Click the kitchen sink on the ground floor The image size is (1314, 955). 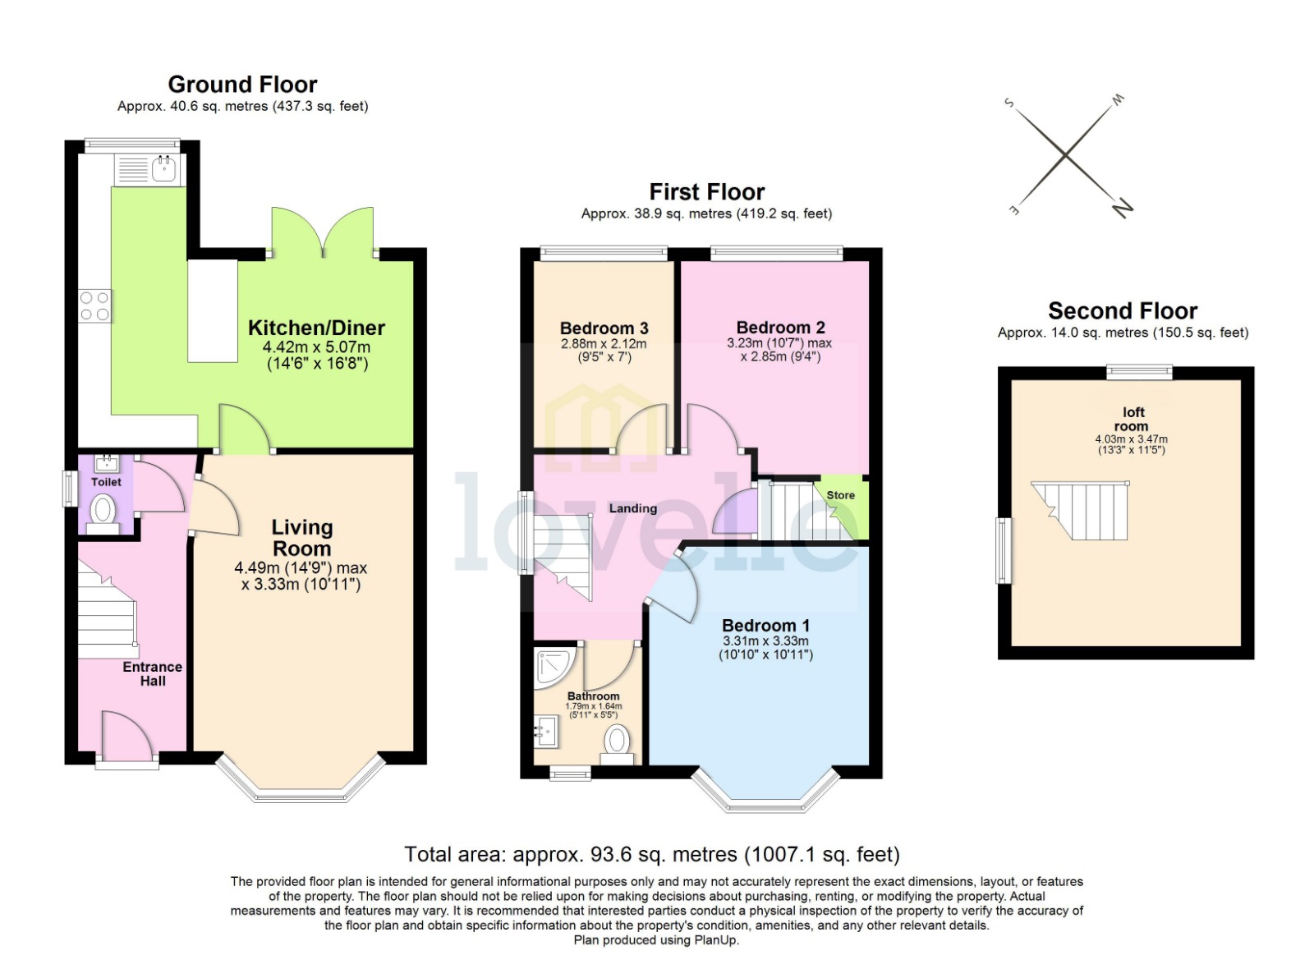click(x=163, y=170)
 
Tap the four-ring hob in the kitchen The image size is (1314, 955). click(x=94, y=306)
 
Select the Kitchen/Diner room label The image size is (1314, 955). click(x=316, y=328)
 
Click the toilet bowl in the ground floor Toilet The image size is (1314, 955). click(x=103, y=511)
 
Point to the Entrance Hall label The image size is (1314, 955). click(x=152, y=673)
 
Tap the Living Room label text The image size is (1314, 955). click(x=301, y=538)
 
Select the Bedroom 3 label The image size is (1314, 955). click(x=604, y=328)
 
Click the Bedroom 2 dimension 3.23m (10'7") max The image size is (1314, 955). click(x=779, y=343)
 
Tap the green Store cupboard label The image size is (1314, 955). click(x=840, y=495)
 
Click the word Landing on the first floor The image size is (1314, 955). click(x=632, y=508)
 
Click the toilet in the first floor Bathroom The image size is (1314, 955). click(x=618, y=742)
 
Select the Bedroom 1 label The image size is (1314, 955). click(x=765, y=626)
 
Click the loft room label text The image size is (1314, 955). click(x=1132, y=419)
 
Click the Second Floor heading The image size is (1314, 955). click(x=1122, y=311)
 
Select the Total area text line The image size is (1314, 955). click(x=652, y=855)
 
